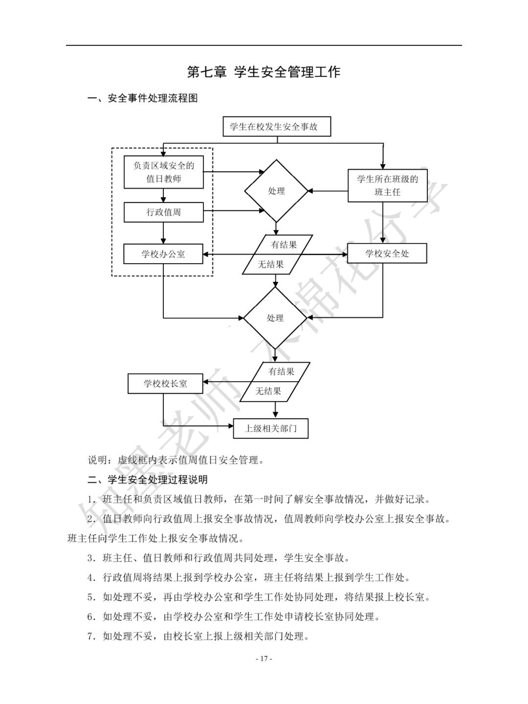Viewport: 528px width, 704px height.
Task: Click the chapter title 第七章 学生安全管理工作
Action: point(264,72)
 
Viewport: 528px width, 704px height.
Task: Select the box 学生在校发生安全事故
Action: point(277,127)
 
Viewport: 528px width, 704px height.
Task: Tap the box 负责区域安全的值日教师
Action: point(163,172)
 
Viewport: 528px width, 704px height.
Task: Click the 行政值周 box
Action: point(163,212)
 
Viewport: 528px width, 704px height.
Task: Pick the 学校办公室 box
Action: point(163,254)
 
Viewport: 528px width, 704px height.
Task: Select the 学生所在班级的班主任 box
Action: point(387,186)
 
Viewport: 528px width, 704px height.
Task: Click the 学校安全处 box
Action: point(387,253)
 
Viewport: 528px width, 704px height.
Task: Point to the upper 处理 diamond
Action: point(276,191)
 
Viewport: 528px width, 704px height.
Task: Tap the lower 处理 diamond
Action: point(275,318)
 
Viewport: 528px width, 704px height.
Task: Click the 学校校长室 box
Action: point(165,384)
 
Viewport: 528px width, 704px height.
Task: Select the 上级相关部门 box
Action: point(271,429)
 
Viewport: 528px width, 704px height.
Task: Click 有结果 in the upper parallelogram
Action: point(284,244)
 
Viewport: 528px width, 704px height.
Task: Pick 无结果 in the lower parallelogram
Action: point(268,391)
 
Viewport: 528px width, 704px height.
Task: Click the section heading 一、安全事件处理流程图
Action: point(142,98)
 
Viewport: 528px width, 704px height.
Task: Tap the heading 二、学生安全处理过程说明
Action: point(147,479)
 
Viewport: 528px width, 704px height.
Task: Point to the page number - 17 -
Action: point(264,659)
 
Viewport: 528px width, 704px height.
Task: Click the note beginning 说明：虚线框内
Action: point(176,460)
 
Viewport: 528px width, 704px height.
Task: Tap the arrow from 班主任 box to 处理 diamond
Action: point(328,191)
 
